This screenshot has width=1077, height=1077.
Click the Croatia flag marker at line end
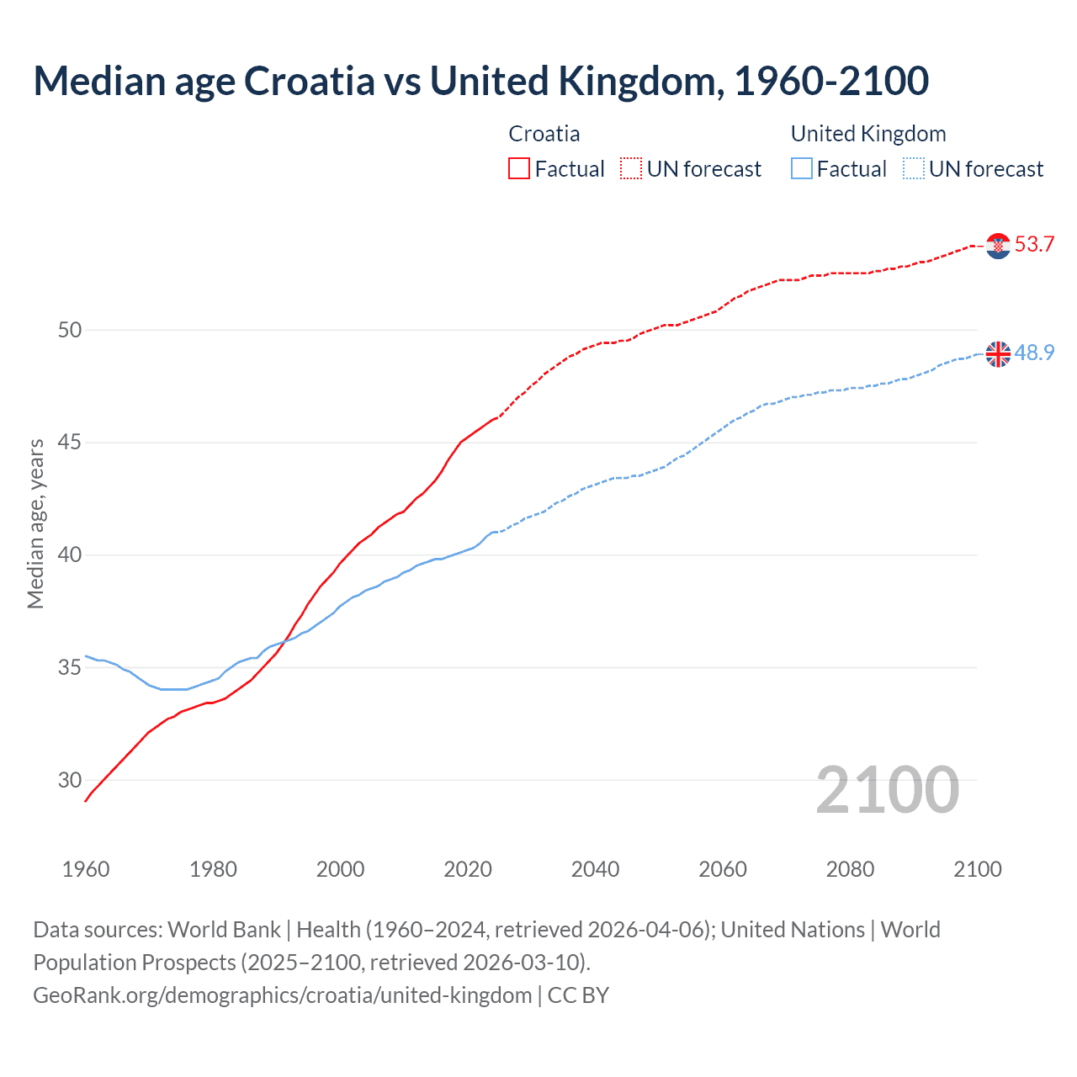pos(998,246)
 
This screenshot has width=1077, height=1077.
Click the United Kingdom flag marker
pos(998,354)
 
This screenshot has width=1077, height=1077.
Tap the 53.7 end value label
pos(1034,245)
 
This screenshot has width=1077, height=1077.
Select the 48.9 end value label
pos(1034,353)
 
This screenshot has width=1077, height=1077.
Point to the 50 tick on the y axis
pos(70,330)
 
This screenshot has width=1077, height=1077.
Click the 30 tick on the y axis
pos(70,780)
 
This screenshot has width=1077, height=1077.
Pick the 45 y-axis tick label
pos(70,443)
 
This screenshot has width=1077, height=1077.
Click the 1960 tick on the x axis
pos(86,869)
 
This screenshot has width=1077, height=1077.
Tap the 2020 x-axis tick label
pos(468,869)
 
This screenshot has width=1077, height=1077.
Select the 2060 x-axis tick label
pos(723,869)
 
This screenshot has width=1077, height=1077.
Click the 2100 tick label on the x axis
pos(977,869)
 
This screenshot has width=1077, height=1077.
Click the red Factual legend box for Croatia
pos(519,169)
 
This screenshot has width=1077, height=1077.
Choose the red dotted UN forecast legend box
pos(631,169)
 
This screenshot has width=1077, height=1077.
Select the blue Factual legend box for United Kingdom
pos(802,169)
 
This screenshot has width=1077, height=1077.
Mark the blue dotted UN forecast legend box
pos(914,169)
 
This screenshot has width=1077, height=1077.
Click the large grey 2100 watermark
pos(887,790)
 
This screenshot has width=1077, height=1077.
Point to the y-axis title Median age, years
pos(35,523)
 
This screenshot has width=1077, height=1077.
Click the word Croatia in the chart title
pos(309,82)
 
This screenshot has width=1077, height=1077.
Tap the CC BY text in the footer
pos(578,995)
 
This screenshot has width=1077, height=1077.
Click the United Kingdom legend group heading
pos(867,134)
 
